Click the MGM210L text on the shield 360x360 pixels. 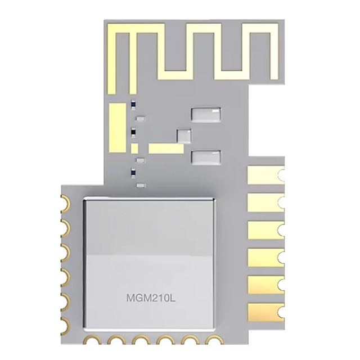coord(151,298)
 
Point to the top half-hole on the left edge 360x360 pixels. coord(65,203)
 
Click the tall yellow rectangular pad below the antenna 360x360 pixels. coord(118,128)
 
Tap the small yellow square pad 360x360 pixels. coord(134,148)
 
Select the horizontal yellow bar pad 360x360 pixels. coord(166,148)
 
